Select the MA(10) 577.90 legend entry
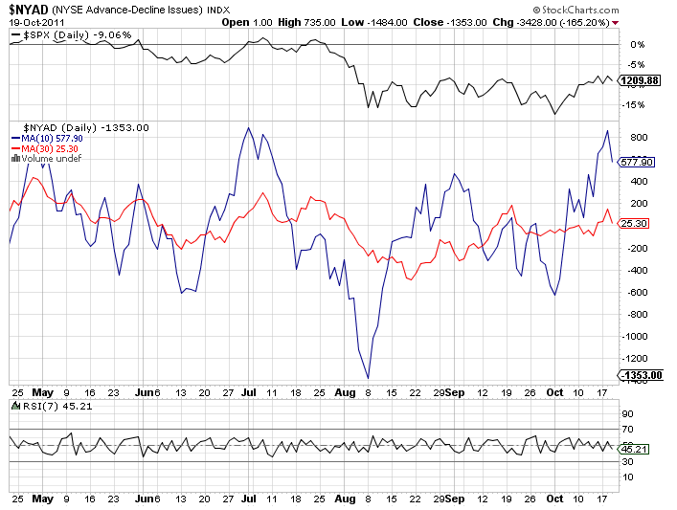pyautogui.click(x=51, y=138)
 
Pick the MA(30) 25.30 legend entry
pyautogui.click(x=49, y=148)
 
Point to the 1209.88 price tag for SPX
pyautogui.click(x=640, y=80)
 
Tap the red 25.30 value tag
pyautogui.click(x=635, y=223)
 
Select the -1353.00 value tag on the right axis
pyautogui.click(x=640, y=375)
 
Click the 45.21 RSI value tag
pyautogui.click(x=635, y=448)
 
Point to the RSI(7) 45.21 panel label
pyautogui.click(x=43, y=407)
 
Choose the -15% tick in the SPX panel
pyautogui.click(x=634, y=105)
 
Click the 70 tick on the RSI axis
pyautogui.click(x=628, y=429)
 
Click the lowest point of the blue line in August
pyautogui.click(x=369, y=377)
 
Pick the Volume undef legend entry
pyautogui.click(x=46, y=159)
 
